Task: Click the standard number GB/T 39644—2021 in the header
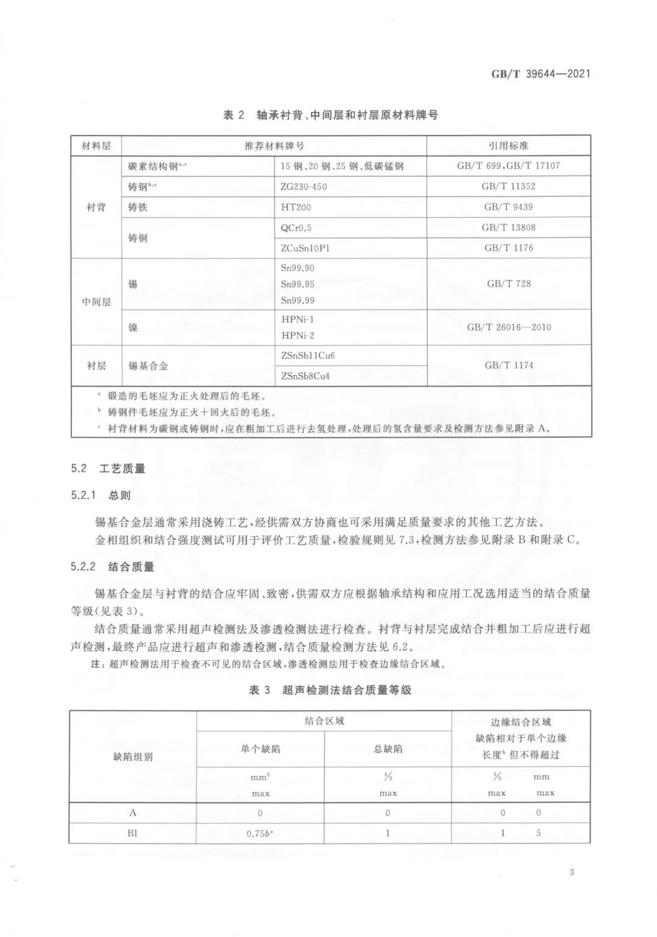click(541, 74)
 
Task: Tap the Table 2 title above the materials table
click(331, 115)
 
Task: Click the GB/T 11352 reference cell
click(509, 187)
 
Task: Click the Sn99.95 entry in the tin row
click(297, 284)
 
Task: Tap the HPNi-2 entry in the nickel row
click(297, 335)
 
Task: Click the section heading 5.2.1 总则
click(100, 496)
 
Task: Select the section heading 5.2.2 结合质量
click(113, 567)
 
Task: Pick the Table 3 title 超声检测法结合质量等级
click(330, 690)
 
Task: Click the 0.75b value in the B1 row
click(260, 834)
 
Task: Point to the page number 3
click(572, 873)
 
